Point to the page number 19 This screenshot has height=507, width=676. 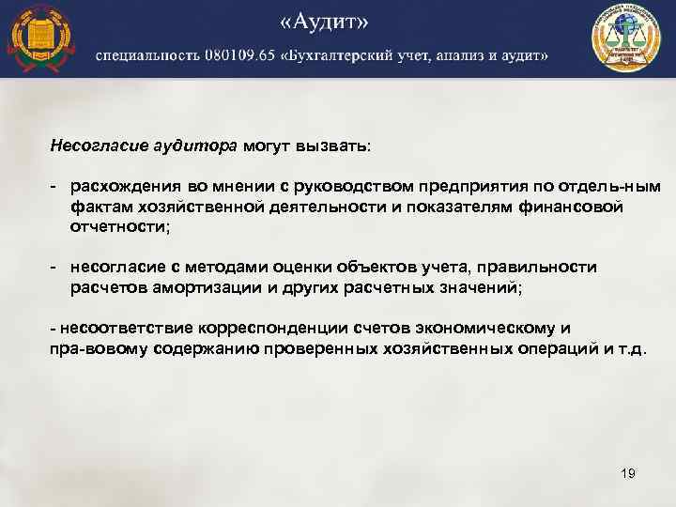pyautogui.click(x=628, y=474)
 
